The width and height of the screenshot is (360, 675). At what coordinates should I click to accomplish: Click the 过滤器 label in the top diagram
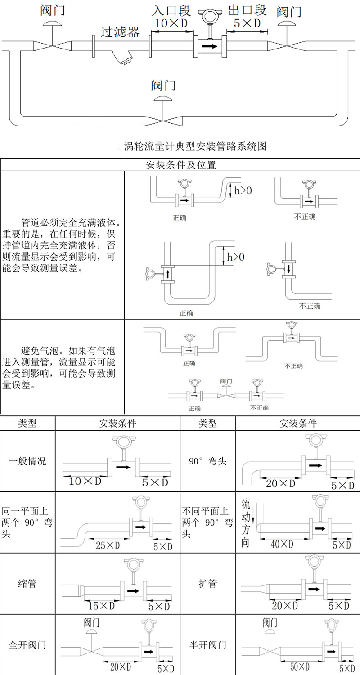point(120,31)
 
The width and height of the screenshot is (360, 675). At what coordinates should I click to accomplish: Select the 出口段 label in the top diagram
point(247,10)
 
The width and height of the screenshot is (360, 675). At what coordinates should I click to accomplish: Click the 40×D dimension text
point(282,544)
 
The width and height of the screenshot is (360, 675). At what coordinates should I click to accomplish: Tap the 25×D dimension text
point(108,545)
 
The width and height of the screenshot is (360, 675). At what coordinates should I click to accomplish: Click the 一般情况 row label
point(27,461)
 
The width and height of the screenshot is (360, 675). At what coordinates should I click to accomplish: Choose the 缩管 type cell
point(27,584)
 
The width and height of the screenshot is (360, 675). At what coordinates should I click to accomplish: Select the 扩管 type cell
point(207,584)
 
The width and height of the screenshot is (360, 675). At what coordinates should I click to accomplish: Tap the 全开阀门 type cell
point(27,645)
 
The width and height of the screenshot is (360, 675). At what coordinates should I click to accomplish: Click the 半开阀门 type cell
point(207,645)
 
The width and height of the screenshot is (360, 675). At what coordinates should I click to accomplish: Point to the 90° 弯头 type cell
point(207,461)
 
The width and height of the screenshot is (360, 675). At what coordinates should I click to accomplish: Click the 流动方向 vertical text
point(246,522)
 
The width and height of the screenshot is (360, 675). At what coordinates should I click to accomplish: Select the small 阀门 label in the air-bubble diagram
point(227,381)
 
